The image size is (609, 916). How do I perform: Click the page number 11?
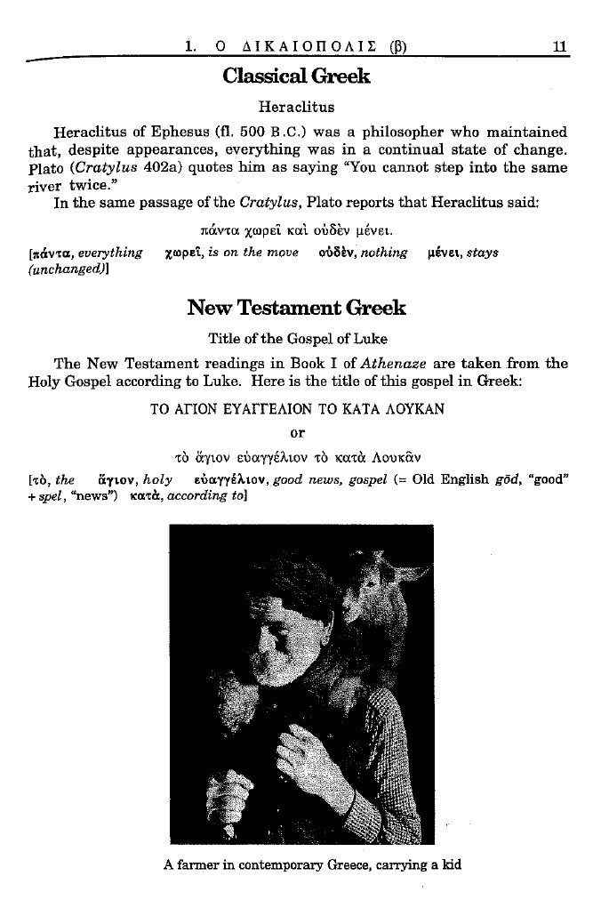coord(560,47)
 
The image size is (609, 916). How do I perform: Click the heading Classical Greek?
coord(296,76)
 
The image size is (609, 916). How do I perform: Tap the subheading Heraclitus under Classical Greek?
coord(296,108)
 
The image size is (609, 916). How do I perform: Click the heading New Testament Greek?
coord(296,308)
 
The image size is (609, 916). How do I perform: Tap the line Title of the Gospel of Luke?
coord(297,339)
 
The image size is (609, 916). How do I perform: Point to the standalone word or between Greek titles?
coord(298,433)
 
